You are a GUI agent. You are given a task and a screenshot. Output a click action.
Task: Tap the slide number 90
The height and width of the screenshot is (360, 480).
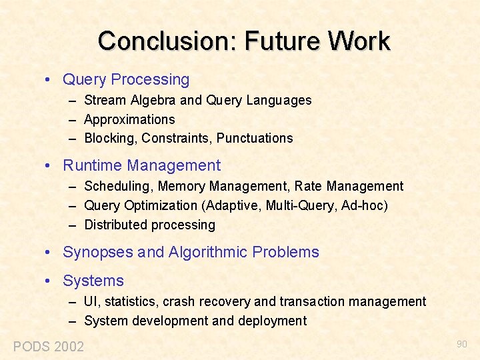pyautogui.click(x=461, y=344)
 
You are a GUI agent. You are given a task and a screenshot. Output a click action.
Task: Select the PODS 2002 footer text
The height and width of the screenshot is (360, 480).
pyautogui.click(x=49, y=346)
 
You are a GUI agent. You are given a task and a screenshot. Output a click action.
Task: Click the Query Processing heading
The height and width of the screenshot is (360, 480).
pyautogui.click(x=126, y=80)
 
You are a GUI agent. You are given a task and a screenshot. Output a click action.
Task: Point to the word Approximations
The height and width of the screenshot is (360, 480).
pyautogui.click(x=129, y=120)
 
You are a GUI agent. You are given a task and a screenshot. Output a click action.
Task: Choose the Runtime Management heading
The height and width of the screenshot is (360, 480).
pyautogui.click(x=141, y=165)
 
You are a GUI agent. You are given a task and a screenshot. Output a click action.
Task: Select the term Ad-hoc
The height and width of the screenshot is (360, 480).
pyautogui.click(x=363, y=205)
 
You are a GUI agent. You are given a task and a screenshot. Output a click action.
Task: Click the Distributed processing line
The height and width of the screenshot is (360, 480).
pyautogui.click(x=149, y=225)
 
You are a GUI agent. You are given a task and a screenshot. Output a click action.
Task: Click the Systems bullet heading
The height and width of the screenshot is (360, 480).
pyautogui.click(x=93, y=281)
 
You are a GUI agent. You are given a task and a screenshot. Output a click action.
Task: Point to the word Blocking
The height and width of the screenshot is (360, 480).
pyautogui.click(x=109, y=139)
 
